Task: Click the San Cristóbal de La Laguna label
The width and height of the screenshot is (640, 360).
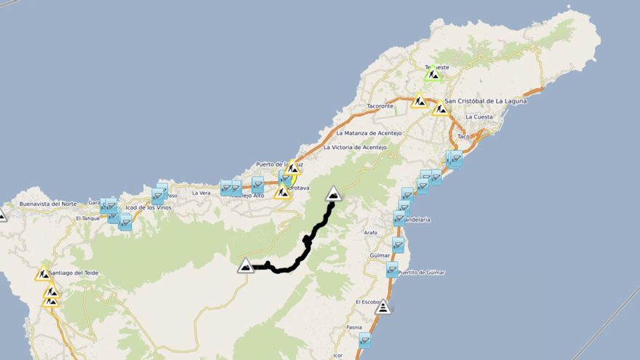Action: coord(485,101)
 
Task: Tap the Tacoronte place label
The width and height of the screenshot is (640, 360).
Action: coord(380,106)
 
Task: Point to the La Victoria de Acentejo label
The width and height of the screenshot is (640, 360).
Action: coord(357,147)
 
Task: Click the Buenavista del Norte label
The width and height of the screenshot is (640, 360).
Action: coord(48,204)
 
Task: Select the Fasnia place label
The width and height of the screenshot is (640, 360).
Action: coord(354,327)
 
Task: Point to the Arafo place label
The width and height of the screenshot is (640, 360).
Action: coord(371,233)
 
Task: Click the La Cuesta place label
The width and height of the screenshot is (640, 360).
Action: coord(479,116)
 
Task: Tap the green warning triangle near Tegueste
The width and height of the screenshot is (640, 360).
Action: coord(433,73)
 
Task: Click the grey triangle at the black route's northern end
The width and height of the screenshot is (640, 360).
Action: coord(333,193)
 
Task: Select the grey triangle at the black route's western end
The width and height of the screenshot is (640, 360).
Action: coord(246,265)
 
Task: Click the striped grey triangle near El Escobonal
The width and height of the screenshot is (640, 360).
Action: coord(383,307)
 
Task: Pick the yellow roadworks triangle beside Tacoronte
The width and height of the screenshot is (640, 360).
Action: coord(419,101)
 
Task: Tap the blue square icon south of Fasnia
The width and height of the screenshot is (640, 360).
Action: coord(364,340)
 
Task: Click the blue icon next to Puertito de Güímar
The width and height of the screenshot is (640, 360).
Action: coord(392,270)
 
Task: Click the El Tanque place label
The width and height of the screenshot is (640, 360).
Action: coord(87,218)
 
